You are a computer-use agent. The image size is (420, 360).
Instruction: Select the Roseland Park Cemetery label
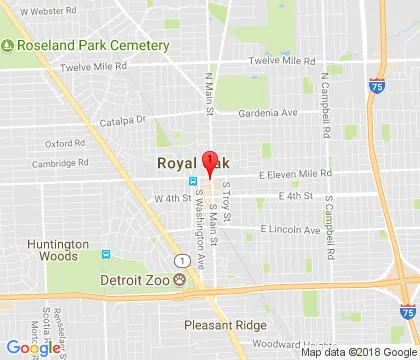tap(91, 45)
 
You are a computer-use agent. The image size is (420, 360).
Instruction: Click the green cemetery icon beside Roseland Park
tap(7, 45)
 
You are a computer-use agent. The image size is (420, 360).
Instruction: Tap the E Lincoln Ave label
tap(290, 229)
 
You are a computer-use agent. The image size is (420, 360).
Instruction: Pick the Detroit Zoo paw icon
tap(180, 280)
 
